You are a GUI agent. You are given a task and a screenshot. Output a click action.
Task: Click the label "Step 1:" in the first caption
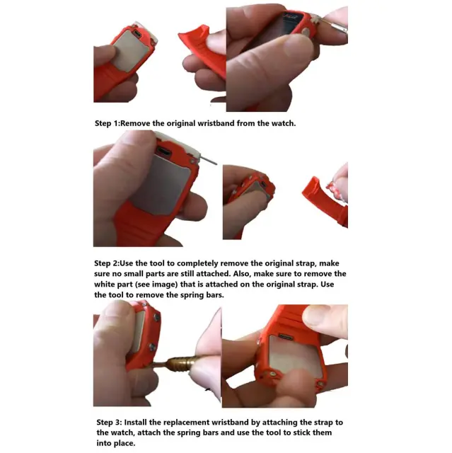click(x=107, y=123)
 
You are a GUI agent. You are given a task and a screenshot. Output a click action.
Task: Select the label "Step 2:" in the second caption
click(x=107, y=263)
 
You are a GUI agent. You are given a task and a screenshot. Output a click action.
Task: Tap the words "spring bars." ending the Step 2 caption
click(x=202, y=295)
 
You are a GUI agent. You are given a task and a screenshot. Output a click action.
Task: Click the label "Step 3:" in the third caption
click(x=109, y=423)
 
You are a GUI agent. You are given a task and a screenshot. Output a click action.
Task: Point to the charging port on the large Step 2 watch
click(x=163, y=151)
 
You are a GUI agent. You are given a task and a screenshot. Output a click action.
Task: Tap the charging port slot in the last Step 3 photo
click(x=285, y=336)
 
